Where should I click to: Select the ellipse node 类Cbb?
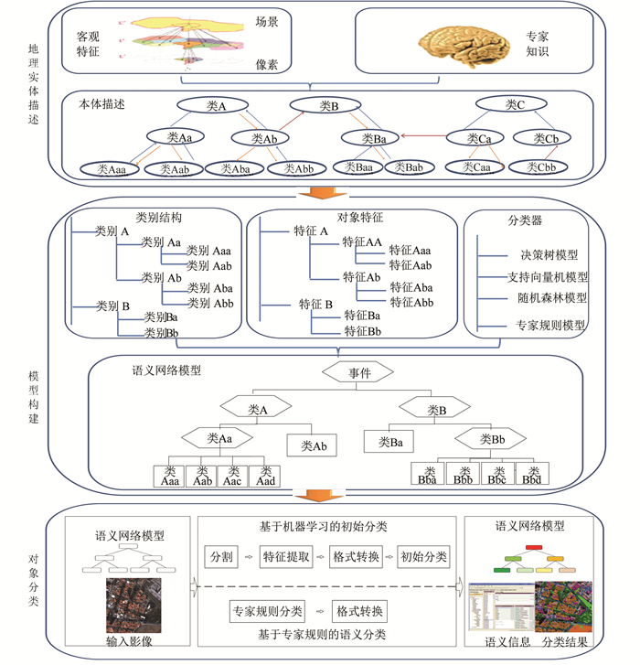[x=538, y=168]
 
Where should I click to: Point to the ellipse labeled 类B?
[x=328, y=106]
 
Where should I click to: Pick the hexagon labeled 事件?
[x=357, y=373]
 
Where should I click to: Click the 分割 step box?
[x=222, y=556]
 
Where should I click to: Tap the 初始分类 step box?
[x=423, y=556]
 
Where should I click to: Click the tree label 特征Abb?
[x=411, y=301]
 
